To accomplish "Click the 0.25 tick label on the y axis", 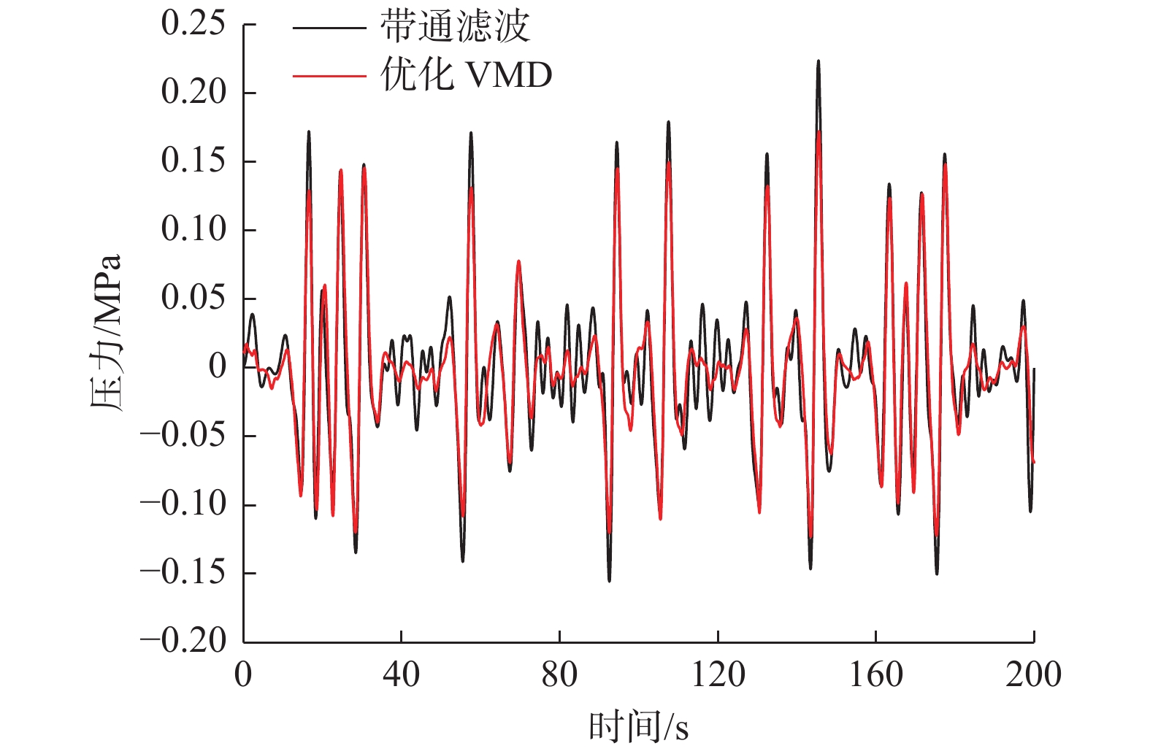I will [x=193, y=24].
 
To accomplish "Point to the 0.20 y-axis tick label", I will [x=193, y=93].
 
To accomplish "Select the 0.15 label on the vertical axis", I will [x=193, y=161].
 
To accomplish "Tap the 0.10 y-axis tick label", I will [x=193, y=230].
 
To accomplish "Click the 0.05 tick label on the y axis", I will [x=193, y=299].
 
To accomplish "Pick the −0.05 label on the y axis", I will [x=183, y=436].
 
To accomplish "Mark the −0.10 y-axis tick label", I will [x=183, y=504].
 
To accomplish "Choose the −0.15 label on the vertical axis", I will [x=183, y=573].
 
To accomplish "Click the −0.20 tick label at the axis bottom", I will [x=183, y=642].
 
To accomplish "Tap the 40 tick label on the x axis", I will [x=401, y=674].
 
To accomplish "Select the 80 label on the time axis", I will [x=559, y=674].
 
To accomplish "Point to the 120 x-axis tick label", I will [x=718, y=674].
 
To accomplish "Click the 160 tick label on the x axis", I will [x=875, y=674].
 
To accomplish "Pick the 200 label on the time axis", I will [x=1033, y=674].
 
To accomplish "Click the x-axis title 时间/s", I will [x=639, y=727].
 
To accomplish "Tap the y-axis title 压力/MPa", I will [x=107, y=333].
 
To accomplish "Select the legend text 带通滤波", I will [x=454, y=28].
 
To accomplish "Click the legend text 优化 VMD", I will [x=466, y=74].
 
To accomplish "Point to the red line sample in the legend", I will [x=329, y=75].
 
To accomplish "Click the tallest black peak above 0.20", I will [x=819, y=62].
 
